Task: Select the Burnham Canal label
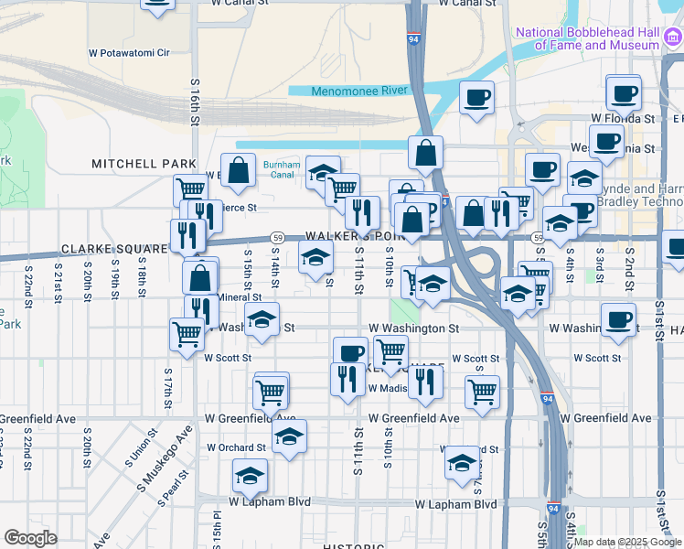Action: [282, 170]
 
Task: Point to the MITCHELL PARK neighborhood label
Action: [144, 164]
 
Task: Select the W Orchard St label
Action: [235, 448]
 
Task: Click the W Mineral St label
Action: [237, 297]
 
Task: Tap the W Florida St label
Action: [623, 119]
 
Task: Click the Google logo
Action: [30, 538]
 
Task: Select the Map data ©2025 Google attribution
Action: [627, 542]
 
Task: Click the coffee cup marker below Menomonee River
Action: [476, 98]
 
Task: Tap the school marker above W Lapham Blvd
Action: [249, 475]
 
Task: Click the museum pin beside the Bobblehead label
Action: [673, 38]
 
